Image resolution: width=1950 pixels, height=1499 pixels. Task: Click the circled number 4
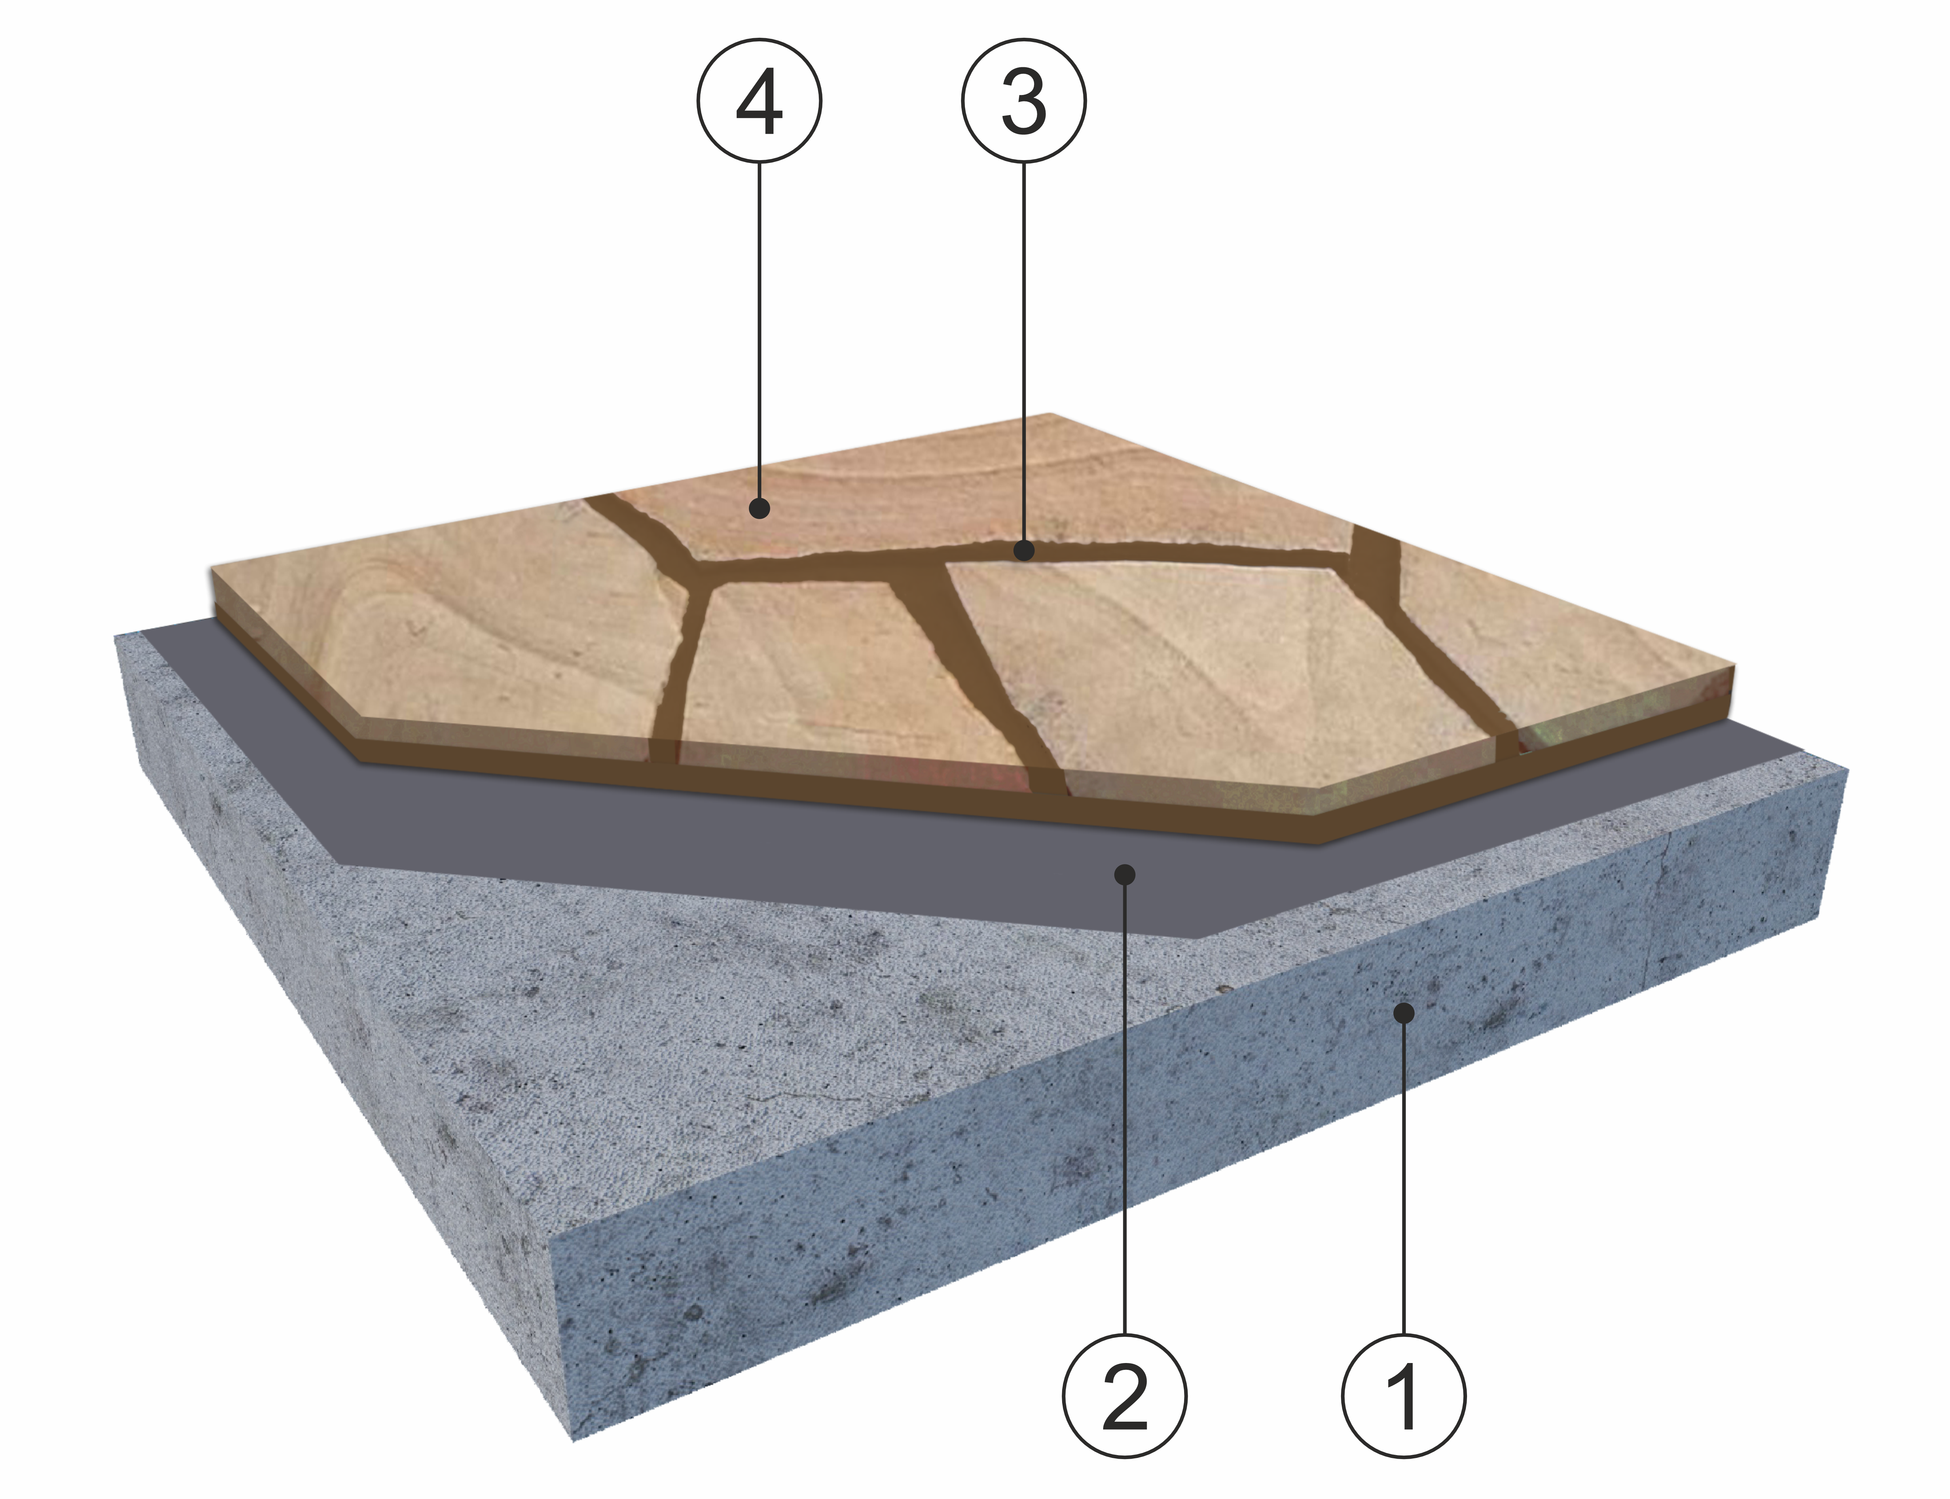(x=759, y=100)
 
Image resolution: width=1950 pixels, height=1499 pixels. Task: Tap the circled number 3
(x=1024, y=100)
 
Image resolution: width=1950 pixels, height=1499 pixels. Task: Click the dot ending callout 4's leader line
(x=759, y=509)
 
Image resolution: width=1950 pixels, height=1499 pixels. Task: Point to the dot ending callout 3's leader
(x=1025, y=550)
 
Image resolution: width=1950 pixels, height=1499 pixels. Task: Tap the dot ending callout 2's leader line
(x=1125, y=873)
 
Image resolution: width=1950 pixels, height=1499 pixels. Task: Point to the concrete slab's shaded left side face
(x=339, y=1026)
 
